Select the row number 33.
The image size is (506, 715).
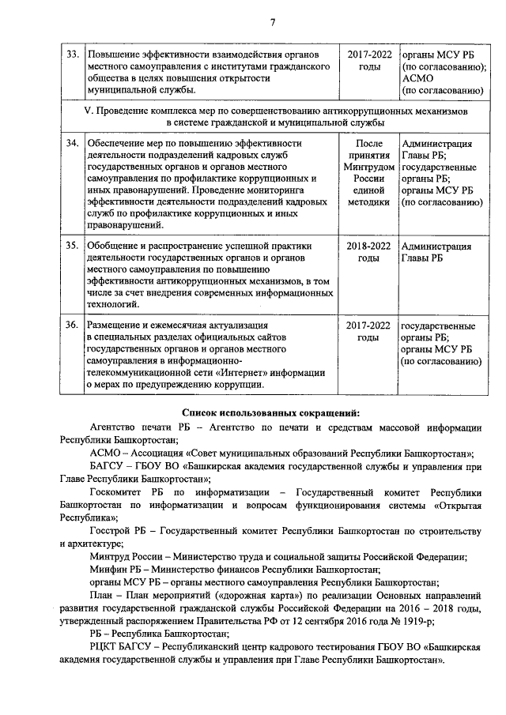point(71,55)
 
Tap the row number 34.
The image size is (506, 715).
point(71,144)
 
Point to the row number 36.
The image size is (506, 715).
point(71,326)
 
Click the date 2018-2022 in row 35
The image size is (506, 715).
point(368,246)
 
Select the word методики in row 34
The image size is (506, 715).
point(368,202)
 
